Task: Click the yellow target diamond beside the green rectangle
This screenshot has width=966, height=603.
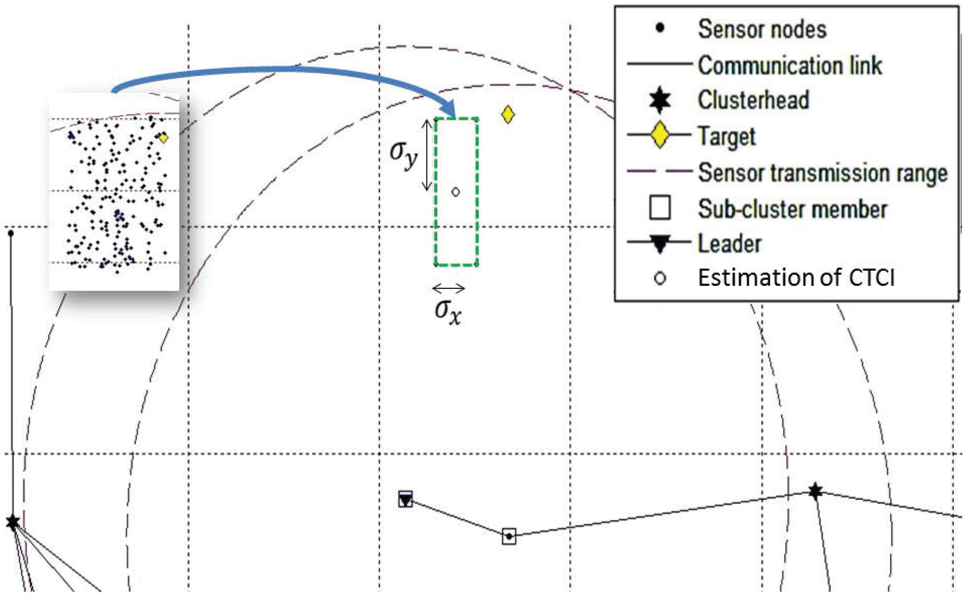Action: pos(507,114)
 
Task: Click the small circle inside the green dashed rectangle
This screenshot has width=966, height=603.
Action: pos(455,192)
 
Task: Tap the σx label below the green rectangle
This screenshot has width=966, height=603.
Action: pos(448,312)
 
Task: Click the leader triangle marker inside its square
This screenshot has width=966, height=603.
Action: pos(405,499)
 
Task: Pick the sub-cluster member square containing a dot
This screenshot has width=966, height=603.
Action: pos(509,536)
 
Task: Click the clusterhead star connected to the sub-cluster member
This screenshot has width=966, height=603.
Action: pos(815,491)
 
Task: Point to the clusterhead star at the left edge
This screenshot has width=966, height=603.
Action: pos(13,522)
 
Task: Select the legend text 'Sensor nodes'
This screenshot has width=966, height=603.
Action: pos(761,29)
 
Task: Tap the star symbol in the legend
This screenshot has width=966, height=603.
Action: pos(660,100)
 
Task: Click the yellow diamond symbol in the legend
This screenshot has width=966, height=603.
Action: pos(660,135)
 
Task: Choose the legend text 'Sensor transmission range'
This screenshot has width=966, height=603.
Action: pos(822,173)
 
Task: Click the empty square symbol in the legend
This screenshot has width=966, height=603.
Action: pos(660,208)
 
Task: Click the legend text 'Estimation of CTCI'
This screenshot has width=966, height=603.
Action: pos(796,278)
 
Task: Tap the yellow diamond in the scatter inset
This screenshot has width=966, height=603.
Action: pos(163,138)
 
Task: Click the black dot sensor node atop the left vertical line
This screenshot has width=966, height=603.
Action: pos(11,233)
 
